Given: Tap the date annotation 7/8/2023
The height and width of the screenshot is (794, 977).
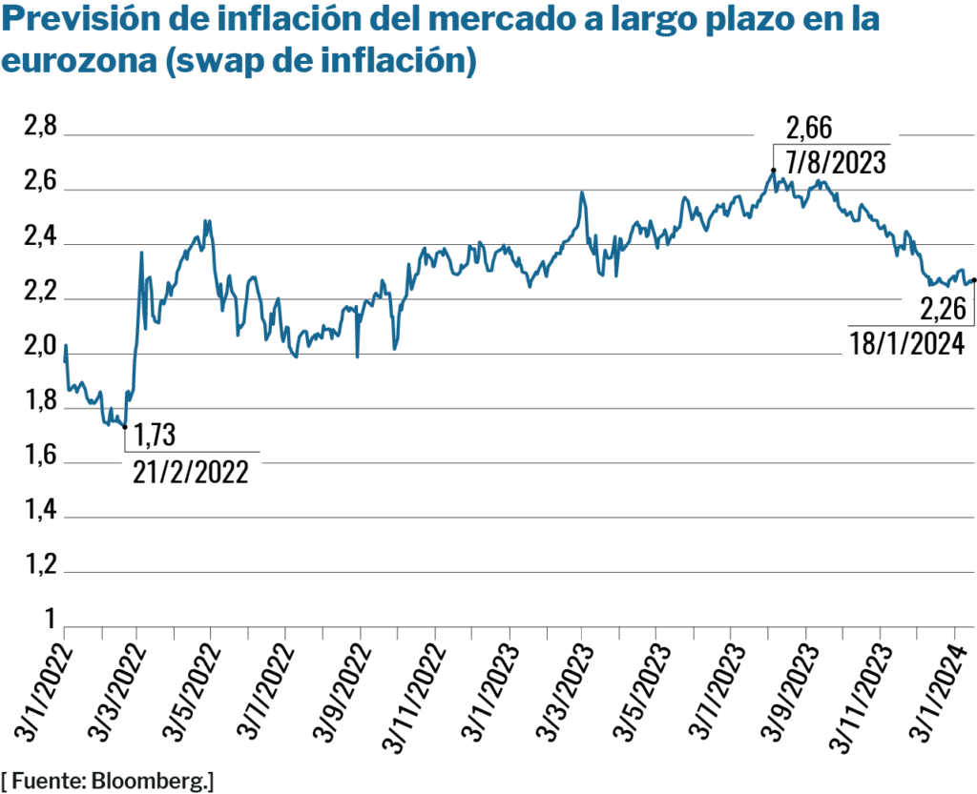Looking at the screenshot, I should click(836, 160).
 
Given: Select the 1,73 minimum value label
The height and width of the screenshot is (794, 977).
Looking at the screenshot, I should click(155, 437).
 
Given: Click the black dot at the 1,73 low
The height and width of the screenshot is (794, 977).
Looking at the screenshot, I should click(125, 426).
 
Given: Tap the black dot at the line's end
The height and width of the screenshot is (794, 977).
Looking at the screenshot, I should click(973, 280).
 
